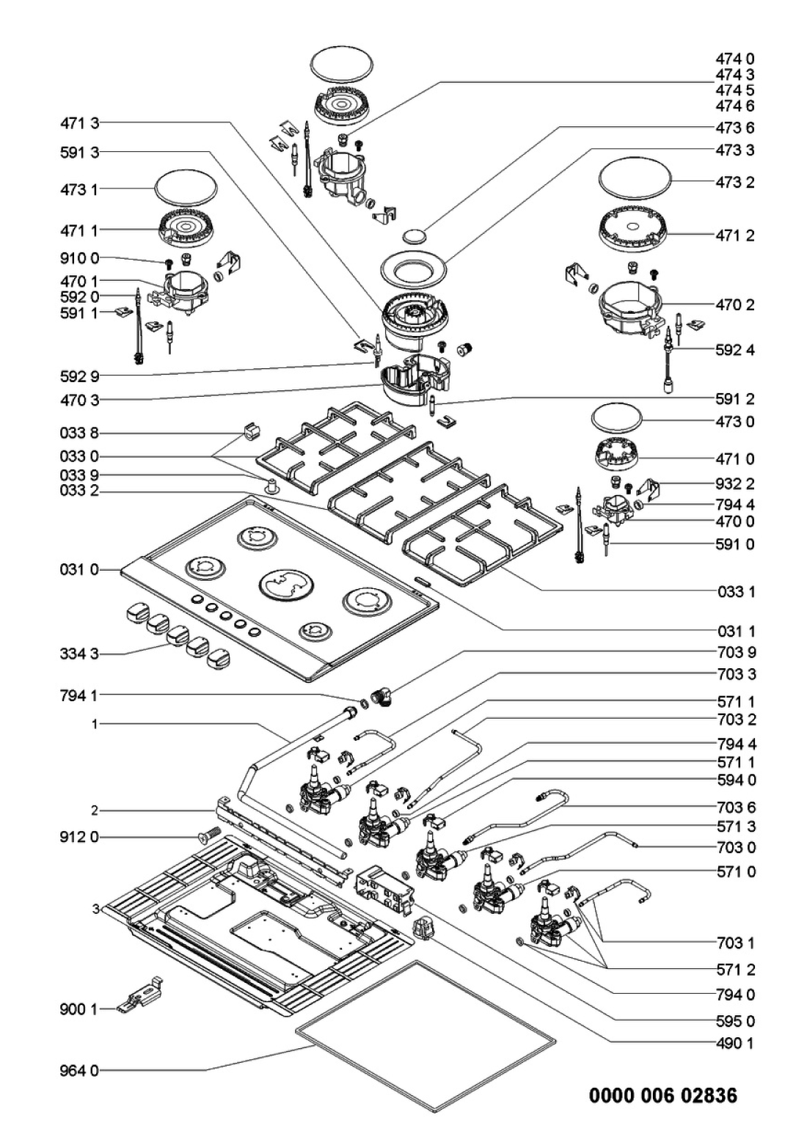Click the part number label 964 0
[x=78, y=1070]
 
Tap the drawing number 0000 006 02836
[x=663, y=1096]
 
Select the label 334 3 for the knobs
[x=78, y=653]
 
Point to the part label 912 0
[x=78, y=837]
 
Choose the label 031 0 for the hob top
[x=78, y=569]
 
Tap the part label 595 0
[x=735, y=1021]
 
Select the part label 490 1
[x=735, y=1042]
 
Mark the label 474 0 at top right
[x=735, y=59]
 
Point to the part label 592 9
[x=78, y=376]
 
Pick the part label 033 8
[x=78, y=434]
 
